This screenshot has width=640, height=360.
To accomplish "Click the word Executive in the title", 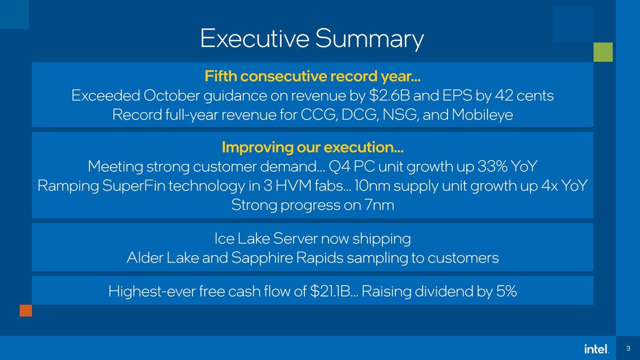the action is pyautogui.click(x=255, y=38).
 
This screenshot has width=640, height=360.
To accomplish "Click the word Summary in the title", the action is pyautogui.click(x=370, y=40).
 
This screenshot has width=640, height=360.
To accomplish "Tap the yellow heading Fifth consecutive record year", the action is pyautogui.click(x=312, y=76).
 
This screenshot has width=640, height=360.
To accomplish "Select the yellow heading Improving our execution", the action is pyautogui.click(x=312, y=147).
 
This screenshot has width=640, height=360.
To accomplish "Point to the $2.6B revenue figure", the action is pyautogui.click(x=390, y=96).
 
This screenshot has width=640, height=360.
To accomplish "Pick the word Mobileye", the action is pyautogui.click(x=482, y=115).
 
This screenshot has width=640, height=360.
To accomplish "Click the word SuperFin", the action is pyautogui.click(x=134, y=186).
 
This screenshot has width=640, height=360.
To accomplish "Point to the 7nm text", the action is pyautogui.click(x=379, y=205).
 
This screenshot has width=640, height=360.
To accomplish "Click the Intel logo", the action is pyautogui.click(x=597, y=349).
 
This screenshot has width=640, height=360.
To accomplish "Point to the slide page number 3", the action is pyautogui.click(x=628, y=348).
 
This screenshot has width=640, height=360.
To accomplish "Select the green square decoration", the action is pyautogui.click(x=603, y=52).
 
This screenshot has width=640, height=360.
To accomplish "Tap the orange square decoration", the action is pyautogui.click(x=26, y=311).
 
